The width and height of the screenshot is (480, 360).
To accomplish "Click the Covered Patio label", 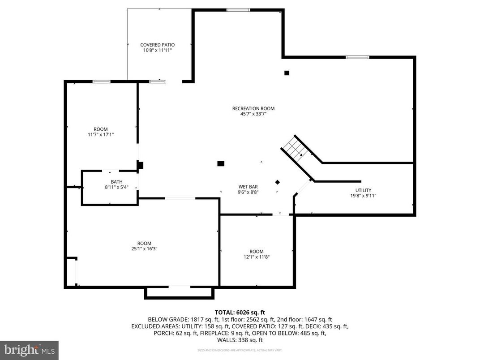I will coord(157,45).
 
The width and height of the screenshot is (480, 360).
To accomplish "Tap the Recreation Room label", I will coord(253,108).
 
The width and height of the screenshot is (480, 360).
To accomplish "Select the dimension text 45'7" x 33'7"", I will coord(253,114).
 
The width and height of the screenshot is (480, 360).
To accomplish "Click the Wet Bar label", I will coord(248,187).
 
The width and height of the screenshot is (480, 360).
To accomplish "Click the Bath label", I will coord(116,182).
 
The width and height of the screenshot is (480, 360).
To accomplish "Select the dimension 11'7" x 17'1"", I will coord(100,134).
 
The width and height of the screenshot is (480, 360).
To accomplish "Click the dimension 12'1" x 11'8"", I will coord(257,257).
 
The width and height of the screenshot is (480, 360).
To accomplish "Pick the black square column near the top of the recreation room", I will coord(287,73).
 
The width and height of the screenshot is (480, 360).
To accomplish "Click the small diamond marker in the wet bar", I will coord(278,182).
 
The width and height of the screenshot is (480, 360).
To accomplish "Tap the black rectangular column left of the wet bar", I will coord(221,164).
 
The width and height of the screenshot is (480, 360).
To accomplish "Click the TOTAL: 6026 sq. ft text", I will coord(240,312).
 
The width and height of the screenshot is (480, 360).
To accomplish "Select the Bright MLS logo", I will coord(29,349).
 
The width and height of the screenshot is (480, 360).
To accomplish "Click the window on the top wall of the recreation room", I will coord(238,10).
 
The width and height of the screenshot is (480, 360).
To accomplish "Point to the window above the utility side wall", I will coord(357,57).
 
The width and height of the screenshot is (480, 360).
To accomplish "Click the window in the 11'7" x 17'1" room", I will coord(101,81).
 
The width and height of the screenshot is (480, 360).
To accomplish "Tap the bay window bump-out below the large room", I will coord(179,292).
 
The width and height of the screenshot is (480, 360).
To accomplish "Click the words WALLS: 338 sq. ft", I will coord(240,340).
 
